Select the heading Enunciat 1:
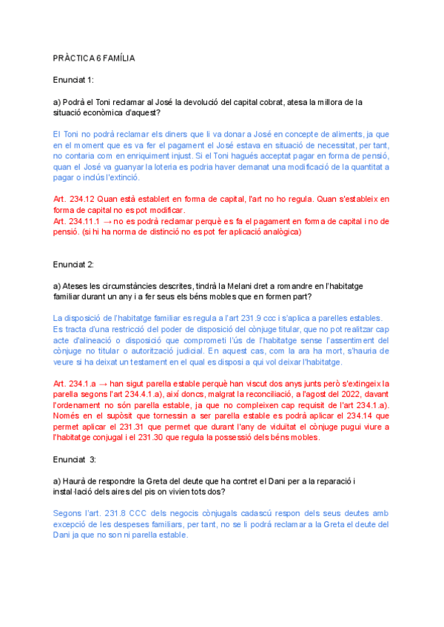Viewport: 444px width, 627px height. tap(73, 79)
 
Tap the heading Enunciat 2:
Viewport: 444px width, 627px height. tap(73, 263)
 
